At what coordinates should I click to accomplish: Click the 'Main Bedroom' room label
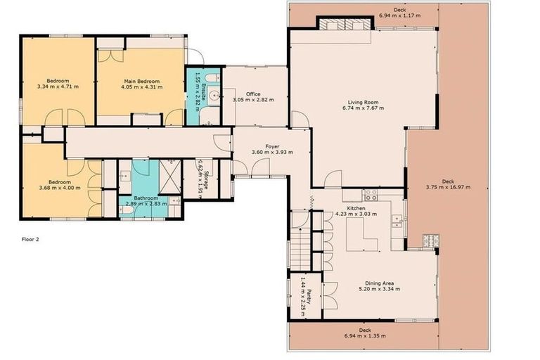141,82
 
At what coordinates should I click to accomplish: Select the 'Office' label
253,94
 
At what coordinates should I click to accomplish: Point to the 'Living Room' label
364,103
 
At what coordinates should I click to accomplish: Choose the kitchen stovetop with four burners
371,194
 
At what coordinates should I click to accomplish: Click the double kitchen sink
398,221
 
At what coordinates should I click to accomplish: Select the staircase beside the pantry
300,249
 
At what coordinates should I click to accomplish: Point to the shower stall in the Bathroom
170,172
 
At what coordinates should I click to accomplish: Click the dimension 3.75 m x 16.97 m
448,187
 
